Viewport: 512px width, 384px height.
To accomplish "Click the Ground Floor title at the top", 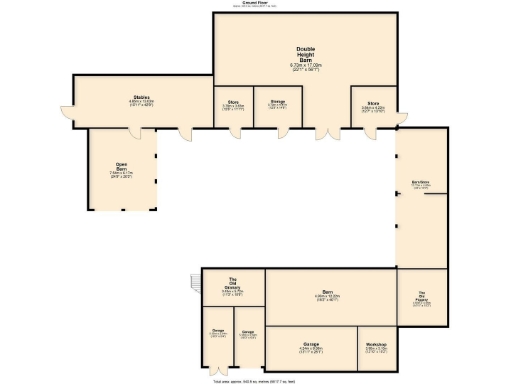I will point(256,3).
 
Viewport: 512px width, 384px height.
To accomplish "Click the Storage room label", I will point(277,102).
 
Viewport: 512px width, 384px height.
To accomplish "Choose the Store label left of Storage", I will point(232,102).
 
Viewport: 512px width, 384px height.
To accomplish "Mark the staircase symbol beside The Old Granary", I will point(194,282).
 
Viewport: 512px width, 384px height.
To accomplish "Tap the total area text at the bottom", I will point(256,380).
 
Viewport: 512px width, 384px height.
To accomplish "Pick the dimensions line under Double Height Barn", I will point(305,67).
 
